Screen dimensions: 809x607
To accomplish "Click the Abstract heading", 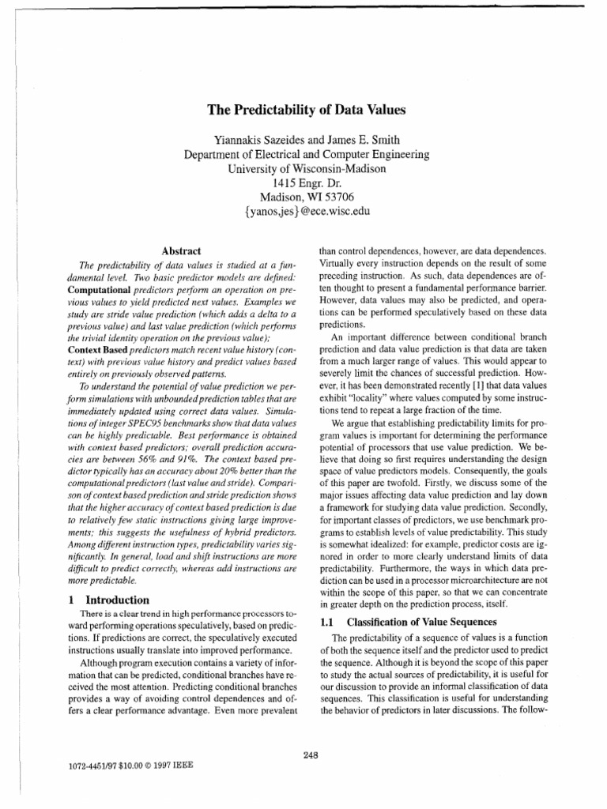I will (180, 250).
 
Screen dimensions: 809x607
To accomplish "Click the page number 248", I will (310, 755).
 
